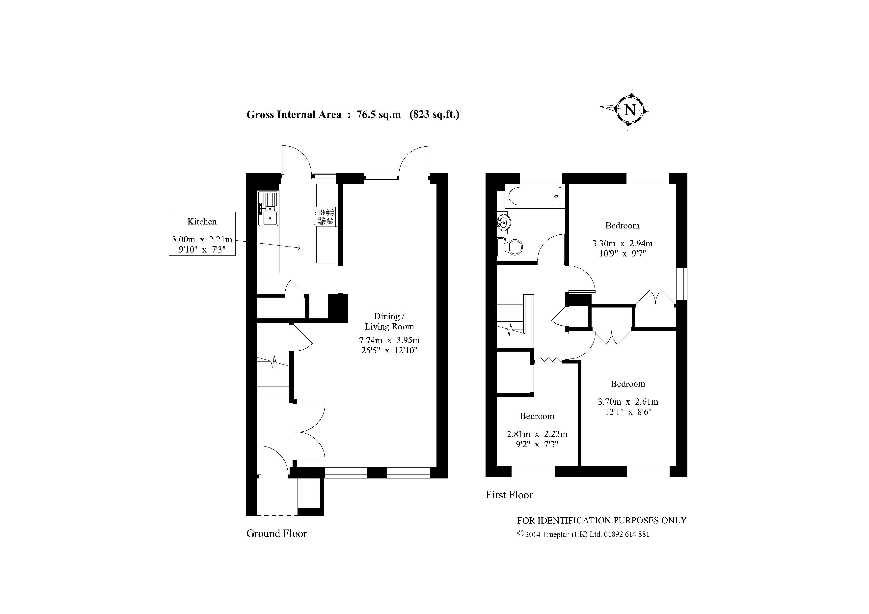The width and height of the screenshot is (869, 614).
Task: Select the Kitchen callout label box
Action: tap(202, 234)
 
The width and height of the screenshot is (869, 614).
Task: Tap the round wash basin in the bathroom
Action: tap(504, 222)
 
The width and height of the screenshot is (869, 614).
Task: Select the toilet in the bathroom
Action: tap(510, 248)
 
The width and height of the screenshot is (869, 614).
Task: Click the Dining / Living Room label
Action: tap(389, 321)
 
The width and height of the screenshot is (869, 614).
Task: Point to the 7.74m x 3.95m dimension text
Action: tap(389, 340)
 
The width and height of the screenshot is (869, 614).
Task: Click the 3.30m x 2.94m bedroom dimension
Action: tap(622, 243)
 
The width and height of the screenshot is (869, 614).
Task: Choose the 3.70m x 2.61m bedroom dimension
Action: tap(628, 402)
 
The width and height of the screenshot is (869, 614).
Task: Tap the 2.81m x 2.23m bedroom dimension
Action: tap(537, 434)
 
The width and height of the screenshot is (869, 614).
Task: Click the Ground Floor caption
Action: tap(277, 533)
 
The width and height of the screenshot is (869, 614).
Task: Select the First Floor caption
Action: tap(509, 495)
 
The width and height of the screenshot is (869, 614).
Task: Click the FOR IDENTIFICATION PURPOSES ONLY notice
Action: tap(602, 521)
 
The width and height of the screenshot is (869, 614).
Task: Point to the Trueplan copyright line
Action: tap(583, 534)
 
